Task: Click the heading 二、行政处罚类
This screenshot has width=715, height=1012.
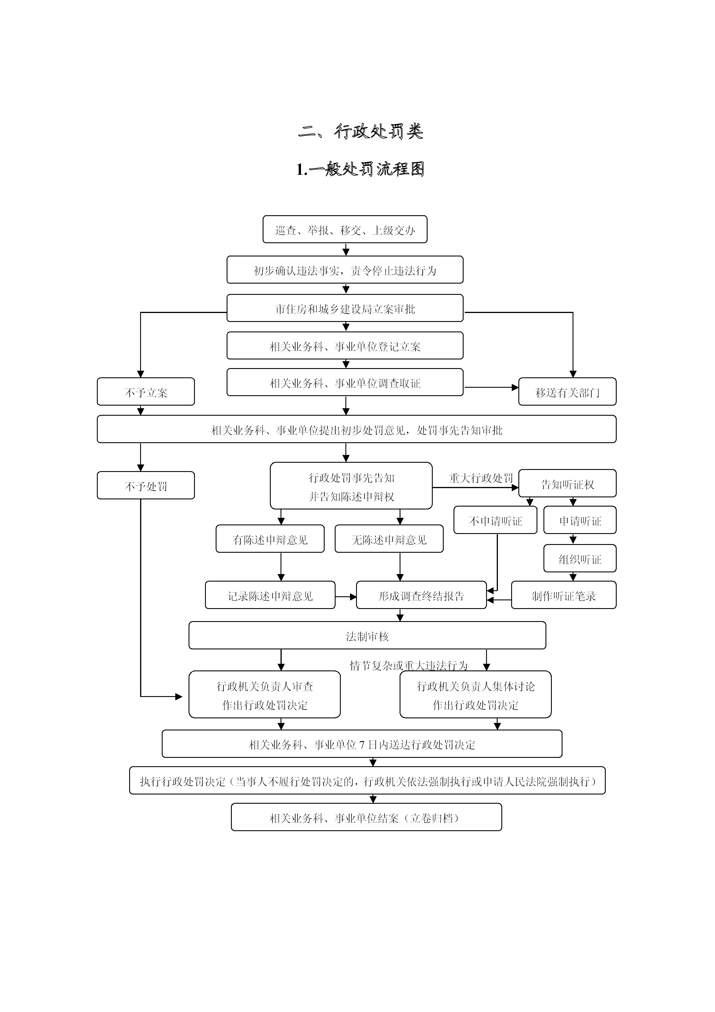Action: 360,131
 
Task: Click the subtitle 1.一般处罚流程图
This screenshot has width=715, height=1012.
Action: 360,169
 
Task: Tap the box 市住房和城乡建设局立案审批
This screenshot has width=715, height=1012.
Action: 345,309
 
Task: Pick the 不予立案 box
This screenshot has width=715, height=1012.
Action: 146,392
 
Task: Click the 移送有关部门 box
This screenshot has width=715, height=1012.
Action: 567,392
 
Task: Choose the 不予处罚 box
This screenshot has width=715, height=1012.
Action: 146,486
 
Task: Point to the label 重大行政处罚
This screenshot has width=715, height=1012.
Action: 481,478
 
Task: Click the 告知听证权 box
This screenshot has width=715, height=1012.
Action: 567,484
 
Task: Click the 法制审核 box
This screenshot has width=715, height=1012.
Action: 367,636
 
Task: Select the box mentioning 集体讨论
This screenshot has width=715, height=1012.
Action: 475,695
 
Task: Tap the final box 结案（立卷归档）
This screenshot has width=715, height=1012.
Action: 366,818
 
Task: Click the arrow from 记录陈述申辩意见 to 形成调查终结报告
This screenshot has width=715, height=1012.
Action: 346,597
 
